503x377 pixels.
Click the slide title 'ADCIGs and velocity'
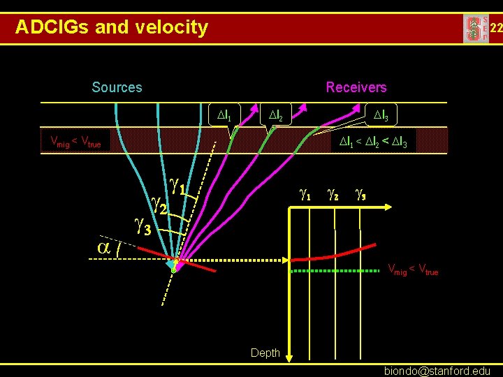coord(112,27)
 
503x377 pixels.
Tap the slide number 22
coord(495,28)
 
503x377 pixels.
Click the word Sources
coord(117,87)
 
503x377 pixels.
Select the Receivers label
coord(356,87)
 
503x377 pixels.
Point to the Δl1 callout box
coord(225,113)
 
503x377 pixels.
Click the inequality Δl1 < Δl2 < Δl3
coord(377,142)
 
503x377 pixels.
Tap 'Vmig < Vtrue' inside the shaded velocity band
coord(75,142)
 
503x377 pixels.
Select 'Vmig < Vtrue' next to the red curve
coord(413,269)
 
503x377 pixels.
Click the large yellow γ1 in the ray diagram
coord(177,185)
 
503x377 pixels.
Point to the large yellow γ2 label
coord(159,205)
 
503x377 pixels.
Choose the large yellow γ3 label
coord(143,226)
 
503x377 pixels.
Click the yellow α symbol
coord(104,247)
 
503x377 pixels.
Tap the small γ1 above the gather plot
coord(305,195)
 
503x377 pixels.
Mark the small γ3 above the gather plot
coord(360,195)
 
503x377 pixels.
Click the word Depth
coord(265,353)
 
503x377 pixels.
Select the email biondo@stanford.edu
coord(437,371)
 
